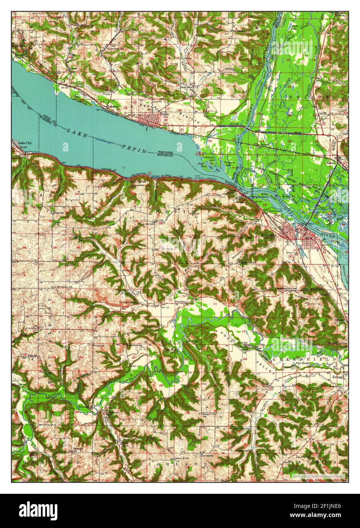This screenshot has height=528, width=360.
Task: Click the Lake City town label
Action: [25, 142]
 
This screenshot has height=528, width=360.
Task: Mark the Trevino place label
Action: [264, 144]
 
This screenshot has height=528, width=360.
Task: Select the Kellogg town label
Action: [338, 377]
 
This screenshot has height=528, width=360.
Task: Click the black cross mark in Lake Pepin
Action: [123, 167]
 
